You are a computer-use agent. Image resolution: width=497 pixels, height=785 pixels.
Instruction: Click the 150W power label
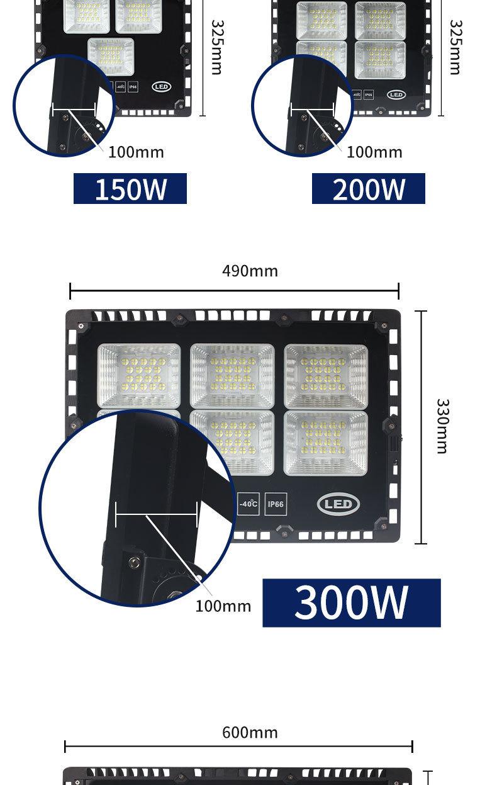130,189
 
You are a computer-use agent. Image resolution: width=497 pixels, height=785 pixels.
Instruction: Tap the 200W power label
369,189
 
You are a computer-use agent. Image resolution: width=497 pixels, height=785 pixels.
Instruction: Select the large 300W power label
351,602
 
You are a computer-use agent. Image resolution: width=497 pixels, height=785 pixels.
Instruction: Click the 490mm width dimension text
250,271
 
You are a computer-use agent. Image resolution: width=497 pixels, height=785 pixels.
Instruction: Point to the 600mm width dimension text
250,733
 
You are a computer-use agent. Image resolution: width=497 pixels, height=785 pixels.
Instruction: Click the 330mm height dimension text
442,426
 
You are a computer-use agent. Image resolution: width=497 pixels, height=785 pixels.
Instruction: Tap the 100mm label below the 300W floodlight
223,606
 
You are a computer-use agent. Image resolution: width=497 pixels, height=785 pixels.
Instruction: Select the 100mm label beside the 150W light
136,152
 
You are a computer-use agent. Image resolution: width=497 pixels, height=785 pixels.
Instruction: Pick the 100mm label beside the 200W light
374,152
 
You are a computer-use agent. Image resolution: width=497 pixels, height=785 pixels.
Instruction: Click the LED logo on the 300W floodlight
338,504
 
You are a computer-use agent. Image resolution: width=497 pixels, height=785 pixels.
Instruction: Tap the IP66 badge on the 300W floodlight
276,504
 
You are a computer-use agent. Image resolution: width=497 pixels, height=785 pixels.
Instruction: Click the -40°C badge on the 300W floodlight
248,504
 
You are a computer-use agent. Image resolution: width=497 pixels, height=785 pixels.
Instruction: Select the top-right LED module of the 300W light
325,375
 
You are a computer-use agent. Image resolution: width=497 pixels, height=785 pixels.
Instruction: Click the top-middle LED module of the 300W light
232,375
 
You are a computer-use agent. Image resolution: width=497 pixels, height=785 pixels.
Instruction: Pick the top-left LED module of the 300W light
139,375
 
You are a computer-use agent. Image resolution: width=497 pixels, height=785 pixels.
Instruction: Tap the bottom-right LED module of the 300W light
325,443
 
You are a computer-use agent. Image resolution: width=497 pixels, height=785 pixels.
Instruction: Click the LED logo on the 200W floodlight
396,95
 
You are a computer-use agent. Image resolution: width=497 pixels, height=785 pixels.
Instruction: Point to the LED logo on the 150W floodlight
161,86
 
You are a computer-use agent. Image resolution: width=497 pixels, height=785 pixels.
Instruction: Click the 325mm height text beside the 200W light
455,47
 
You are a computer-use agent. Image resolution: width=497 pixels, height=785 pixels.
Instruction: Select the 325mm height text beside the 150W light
216,47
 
